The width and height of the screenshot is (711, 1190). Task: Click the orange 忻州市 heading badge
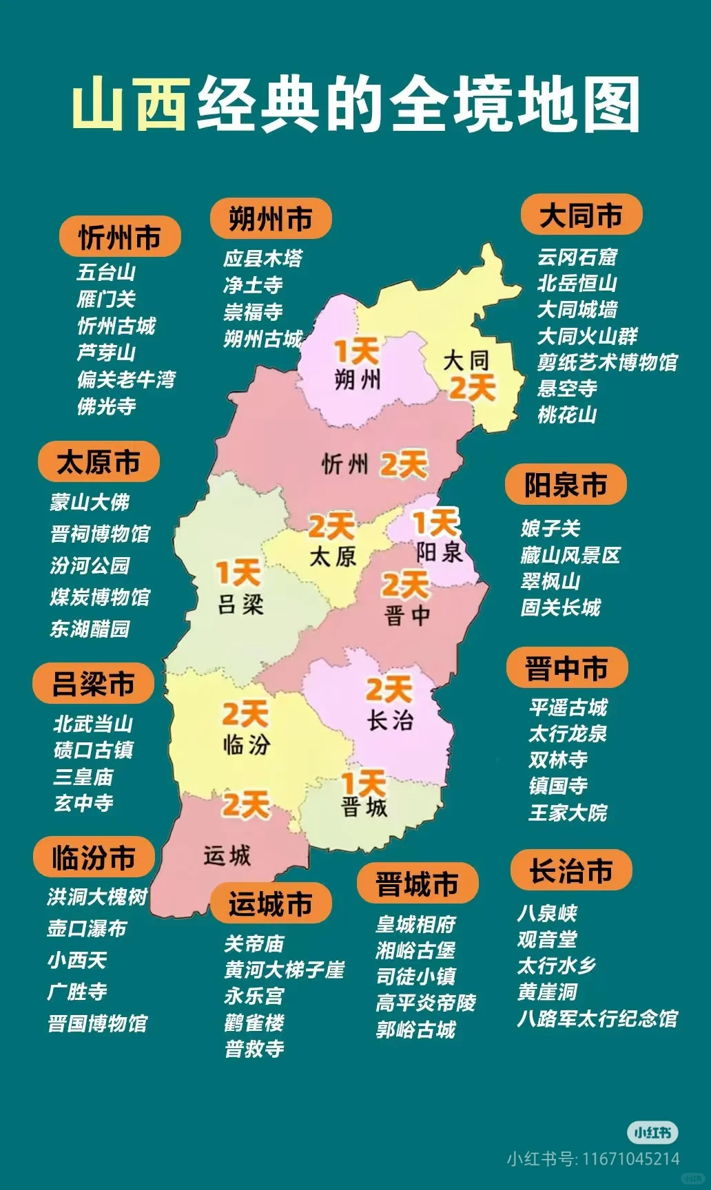(120, 238)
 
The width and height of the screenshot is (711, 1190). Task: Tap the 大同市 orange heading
(581, 216)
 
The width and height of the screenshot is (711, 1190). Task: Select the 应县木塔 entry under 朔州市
(263, 259)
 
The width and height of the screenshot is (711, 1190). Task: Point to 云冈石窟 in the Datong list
(577, 258)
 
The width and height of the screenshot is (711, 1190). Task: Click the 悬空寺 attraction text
(567, 388)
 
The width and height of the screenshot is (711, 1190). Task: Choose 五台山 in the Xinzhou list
(106, 272)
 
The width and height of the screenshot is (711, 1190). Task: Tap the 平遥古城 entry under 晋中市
(568, 707)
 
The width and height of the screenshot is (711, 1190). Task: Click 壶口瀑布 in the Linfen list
(87, 928)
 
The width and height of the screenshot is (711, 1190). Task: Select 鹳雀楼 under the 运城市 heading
(254, 1023)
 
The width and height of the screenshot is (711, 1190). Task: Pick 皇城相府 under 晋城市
(415, 924)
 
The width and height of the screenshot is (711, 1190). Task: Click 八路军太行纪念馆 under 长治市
(597, 1019)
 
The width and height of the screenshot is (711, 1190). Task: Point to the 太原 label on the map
(333, 556)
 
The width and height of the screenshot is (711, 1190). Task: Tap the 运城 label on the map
(227, 856)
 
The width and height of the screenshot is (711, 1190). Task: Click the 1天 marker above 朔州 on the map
(356, 352)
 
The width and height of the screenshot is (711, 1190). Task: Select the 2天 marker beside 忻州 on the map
(403, 465)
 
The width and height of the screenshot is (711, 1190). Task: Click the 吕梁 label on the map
(240, 605)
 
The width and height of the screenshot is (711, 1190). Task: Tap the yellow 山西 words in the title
(131, 105)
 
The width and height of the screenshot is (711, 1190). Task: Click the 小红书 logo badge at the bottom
(652, 1132)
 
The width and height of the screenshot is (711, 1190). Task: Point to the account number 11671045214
(630, 1159)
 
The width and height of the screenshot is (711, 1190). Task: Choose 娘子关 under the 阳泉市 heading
(550, 529)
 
